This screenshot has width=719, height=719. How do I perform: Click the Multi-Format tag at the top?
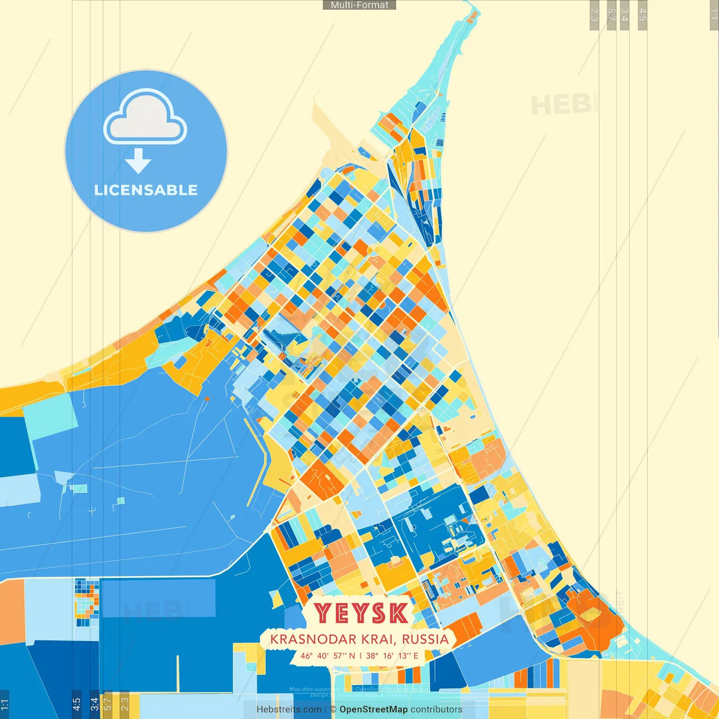point(359,5)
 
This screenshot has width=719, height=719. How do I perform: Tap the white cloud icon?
point(145,116)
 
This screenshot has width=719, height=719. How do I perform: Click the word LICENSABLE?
point(146,190)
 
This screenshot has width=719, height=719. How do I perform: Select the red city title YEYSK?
point(361,613)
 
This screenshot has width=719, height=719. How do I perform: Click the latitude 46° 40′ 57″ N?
point(327,656)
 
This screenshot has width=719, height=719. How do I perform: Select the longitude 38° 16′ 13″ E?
point(392,656)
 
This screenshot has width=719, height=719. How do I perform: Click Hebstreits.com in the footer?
point(289,709)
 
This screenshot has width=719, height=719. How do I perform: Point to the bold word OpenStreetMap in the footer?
point(374,709)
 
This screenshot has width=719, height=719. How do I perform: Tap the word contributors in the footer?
point(436,709)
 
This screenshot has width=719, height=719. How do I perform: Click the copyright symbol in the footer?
point(333,709)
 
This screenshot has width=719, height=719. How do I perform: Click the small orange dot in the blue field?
point(207,399)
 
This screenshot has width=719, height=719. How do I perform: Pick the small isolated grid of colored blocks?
point(87,602)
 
